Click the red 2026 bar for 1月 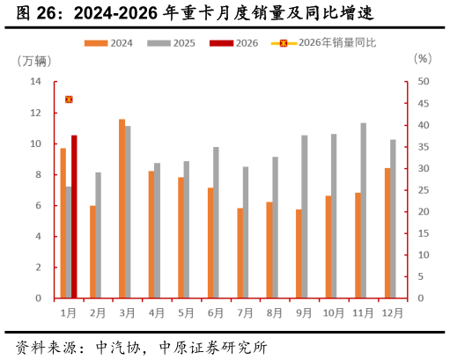click(74, 217)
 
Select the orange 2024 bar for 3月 click(122, 209)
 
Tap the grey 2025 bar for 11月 click(364, 210)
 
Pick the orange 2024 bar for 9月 click(299, 253)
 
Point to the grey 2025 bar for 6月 click(217, 223)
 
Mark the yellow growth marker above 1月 click(69, 99)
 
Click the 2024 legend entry click(109, 43)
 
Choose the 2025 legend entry click(173, 43)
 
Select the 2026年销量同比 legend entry click(323, 43)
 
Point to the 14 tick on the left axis click(36, 82)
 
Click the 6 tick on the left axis click(39, 206)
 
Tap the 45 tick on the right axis click(424, 104)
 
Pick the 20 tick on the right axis click(424, 212)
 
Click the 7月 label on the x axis click(246, 312)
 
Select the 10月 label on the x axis click(334, 312)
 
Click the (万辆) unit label click(34, 61)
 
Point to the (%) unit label click(423, 59)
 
